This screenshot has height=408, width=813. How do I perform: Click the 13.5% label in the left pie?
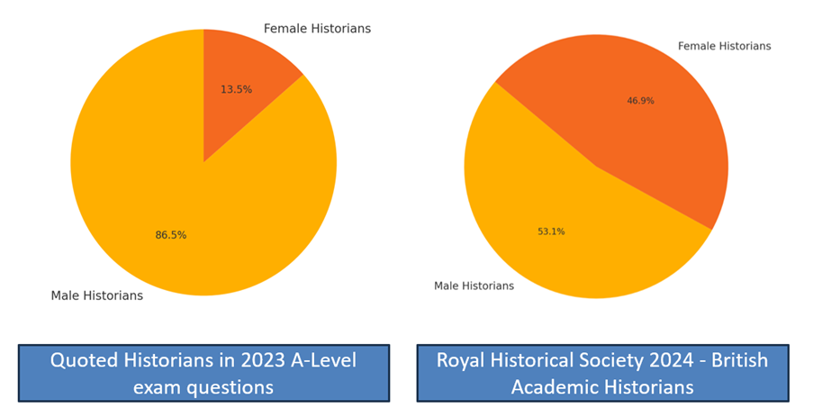(236, 89)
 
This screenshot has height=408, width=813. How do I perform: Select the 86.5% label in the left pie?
(171, 235)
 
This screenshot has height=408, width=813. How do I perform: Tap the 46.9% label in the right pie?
(640, 101)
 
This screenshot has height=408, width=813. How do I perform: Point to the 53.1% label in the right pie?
(551, 231)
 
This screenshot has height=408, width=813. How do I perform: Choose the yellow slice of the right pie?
(558, 216)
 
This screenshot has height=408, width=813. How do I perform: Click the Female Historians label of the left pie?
(317, 29)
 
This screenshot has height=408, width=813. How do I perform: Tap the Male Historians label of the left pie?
(96, 295)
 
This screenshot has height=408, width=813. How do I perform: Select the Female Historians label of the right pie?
(724, 46)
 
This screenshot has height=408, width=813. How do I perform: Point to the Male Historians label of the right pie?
(474, 286)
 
